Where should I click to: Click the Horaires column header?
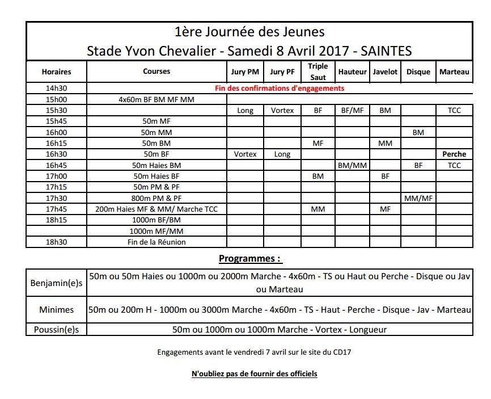[56, 72]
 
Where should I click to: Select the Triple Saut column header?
[318, 72]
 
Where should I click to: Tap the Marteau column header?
[454, 72]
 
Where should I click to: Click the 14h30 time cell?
[56, 89]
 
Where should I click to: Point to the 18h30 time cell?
[56, 242]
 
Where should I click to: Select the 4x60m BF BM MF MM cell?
[156, 99]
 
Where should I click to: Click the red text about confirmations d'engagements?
[280, 89]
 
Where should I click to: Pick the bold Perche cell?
[454, 154]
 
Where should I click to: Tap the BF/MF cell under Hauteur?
[352, 111]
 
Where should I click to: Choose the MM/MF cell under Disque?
[418, 198]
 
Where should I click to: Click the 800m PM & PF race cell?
[156, 198]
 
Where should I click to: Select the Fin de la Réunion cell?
[156, 242]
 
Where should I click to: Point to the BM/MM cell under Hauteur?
[352, 165]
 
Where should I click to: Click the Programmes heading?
[250, 259]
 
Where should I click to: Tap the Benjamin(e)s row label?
[56, 283]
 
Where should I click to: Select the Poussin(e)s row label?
[56, 329]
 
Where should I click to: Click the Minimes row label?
[56, 310]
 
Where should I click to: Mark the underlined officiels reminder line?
[254, 373]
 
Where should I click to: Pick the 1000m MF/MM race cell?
[156, 231]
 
